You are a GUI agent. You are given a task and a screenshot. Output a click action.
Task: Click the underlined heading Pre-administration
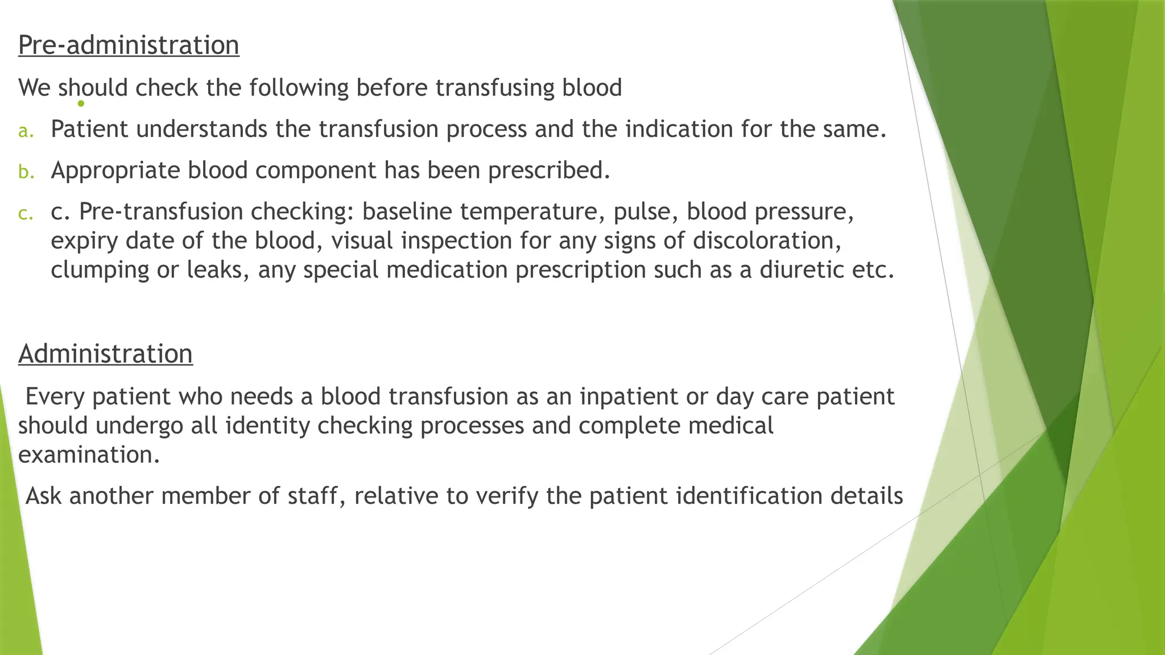[x=129, y=45]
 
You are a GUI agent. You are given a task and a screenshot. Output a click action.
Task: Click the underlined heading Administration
[x=105, y=354]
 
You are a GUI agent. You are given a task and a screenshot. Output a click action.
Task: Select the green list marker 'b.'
[x=26, y=172]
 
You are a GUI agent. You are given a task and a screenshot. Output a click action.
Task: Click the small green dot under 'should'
[x=81, y=103]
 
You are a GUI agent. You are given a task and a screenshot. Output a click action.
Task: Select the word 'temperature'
[x=532, y=212]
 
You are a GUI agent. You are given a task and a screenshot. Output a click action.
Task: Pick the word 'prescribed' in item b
[x=549, y=171]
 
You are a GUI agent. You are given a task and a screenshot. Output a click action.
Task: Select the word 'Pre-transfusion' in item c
[x=160, y=212]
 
